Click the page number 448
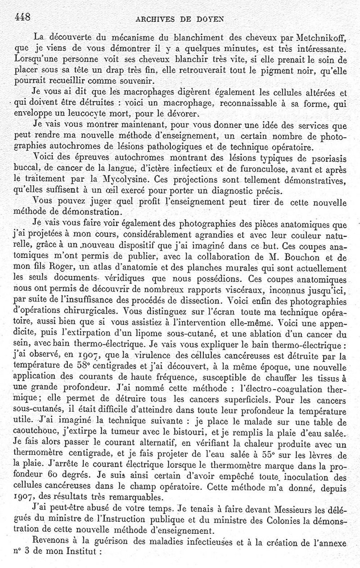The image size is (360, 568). (22, 17)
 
